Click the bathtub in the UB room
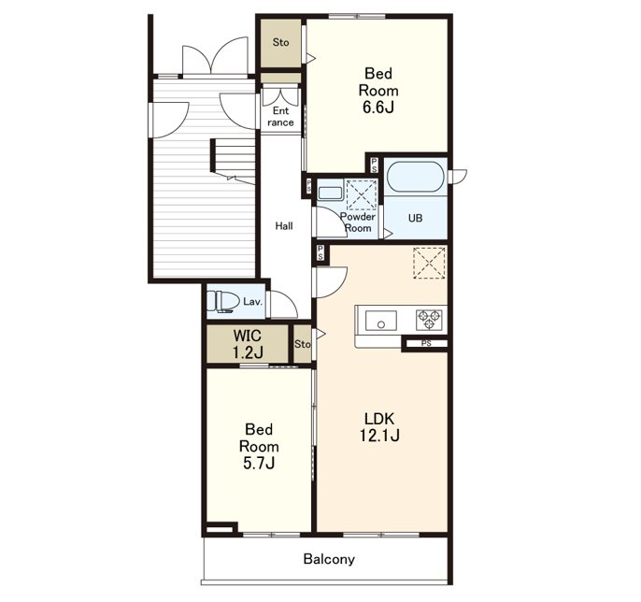click(x=415, y=177)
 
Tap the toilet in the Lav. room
click(x=222, y=302)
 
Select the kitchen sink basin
click(x=380, y=321)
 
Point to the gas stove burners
click(x=429, y=320)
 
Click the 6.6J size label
click(x=378, y=107)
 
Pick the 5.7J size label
click(x=258, y=464)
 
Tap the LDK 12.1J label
click(x=379, y=427)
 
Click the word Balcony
click(x=329, y=559)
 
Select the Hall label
click(x=284, y=226)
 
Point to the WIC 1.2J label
click(x=248, y=344)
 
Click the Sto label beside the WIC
click(x=303, y=344)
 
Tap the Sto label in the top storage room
click(x=281, y=42)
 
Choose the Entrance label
click(x=280, y=117)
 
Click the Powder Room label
click(x=358, y=222)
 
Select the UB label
click(x=415, y=218)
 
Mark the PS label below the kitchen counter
click(x=426, y=344)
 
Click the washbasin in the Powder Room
click(x=330, y=193)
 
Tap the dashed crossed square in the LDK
click(x=429, y=263)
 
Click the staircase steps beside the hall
click(x=233, y=159)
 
